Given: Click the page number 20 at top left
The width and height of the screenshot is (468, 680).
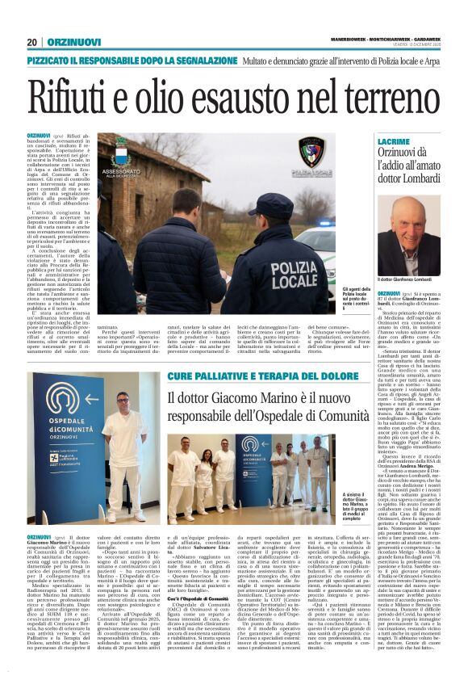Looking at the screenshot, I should [x=32, y=42].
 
